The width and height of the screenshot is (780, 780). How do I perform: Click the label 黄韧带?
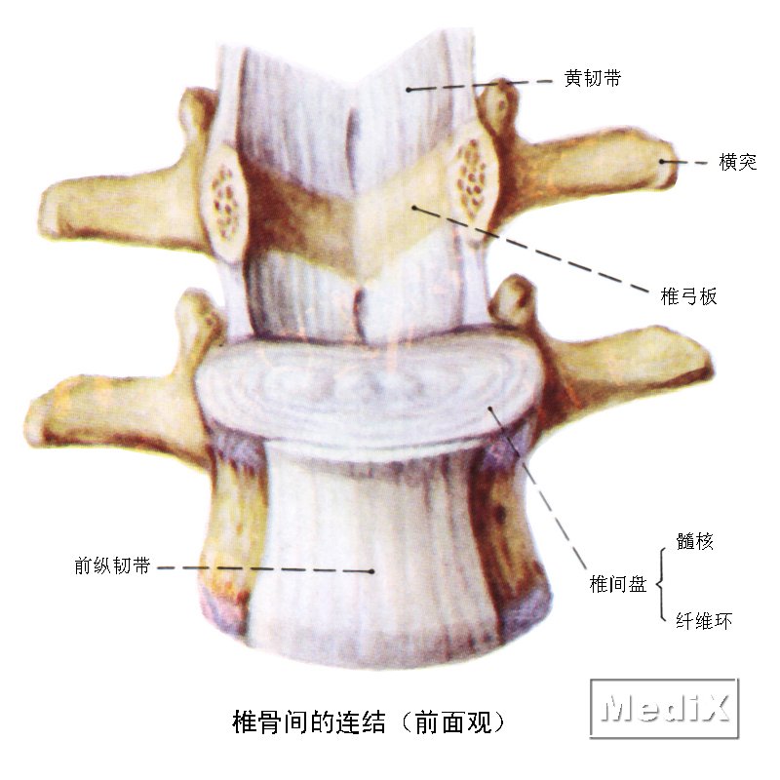(593, 79)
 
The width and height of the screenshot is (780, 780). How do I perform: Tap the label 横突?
(738, 162)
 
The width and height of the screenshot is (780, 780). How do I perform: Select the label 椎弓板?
(688, 296)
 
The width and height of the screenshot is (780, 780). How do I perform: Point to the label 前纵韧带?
(112, 565)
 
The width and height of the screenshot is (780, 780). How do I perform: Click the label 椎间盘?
(618, 583)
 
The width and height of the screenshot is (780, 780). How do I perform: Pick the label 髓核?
(694, 541)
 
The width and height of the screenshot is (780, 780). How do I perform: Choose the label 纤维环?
(704, 621)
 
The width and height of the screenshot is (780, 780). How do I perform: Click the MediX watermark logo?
(665, 708)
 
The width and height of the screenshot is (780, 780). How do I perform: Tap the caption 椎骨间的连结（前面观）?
(369, 721)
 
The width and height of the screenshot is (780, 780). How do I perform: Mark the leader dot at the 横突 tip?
(662, 161)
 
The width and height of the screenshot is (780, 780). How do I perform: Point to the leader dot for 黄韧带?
(408, 90)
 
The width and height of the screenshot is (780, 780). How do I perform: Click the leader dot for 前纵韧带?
(372, 571)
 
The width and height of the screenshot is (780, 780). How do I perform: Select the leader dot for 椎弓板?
(413, 207)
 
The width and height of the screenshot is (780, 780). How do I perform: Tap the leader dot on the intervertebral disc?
(490, 409)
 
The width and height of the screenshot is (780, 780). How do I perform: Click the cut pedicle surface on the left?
(224, 202)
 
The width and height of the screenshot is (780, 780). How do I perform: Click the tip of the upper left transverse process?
(43, 209)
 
